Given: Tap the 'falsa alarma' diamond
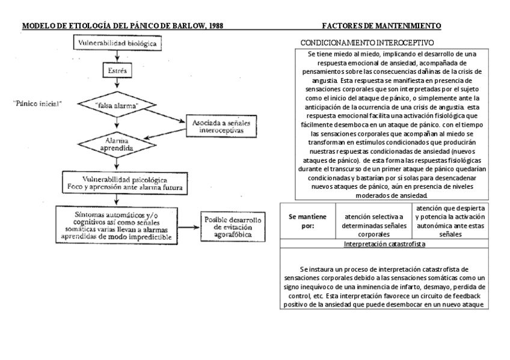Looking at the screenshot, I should click(x=117, y=105).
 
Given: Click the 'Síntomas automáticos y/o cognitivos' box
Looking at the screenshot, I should click(x=117, y=225).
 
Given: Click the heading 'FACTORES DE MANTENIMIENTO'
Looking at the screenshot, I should click(x=381, y=26).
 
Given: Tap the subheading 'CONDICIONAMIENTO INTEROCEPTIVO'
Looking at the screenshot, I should click(x=367, y=43).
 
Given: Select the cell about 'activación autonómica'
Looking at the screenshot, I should click(x=450, y=221).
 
